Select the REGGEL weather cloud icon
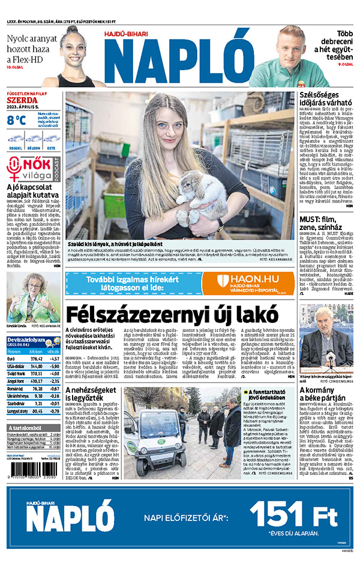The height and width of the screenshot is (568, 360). pyautogui.click(x=16, y=139)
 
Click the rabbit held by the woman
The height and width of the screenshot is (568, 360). pyautogui.click(x=198, y=196)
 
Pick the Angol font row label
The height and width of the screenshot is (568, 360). pyautogui.click(x=16, y=380)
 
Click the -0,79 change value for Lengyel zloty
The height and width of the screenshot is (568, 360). pyautogui.click(x=53, y=411)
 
